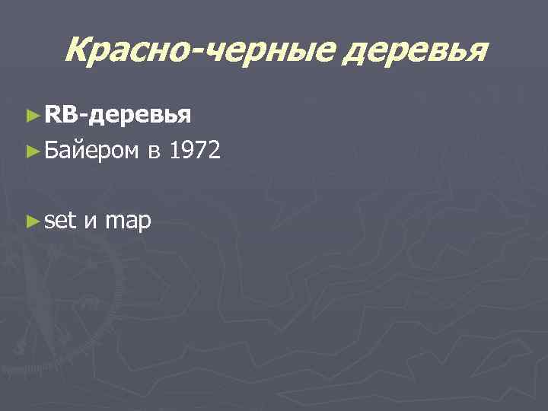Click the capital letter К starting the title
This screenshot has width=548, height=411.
78,51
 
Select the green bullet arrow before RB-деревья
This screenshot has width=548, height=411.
31,116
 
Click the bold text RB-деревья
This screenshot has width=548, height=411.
117,116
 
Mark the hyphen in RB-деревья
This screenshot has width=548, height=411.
79,117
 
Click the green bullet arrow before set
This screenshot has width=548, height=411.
31,221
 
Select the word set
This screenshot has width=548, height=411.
61,221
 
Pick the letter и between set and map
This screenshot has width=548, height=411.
91,222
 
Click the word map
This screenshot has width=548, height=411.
129,222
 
